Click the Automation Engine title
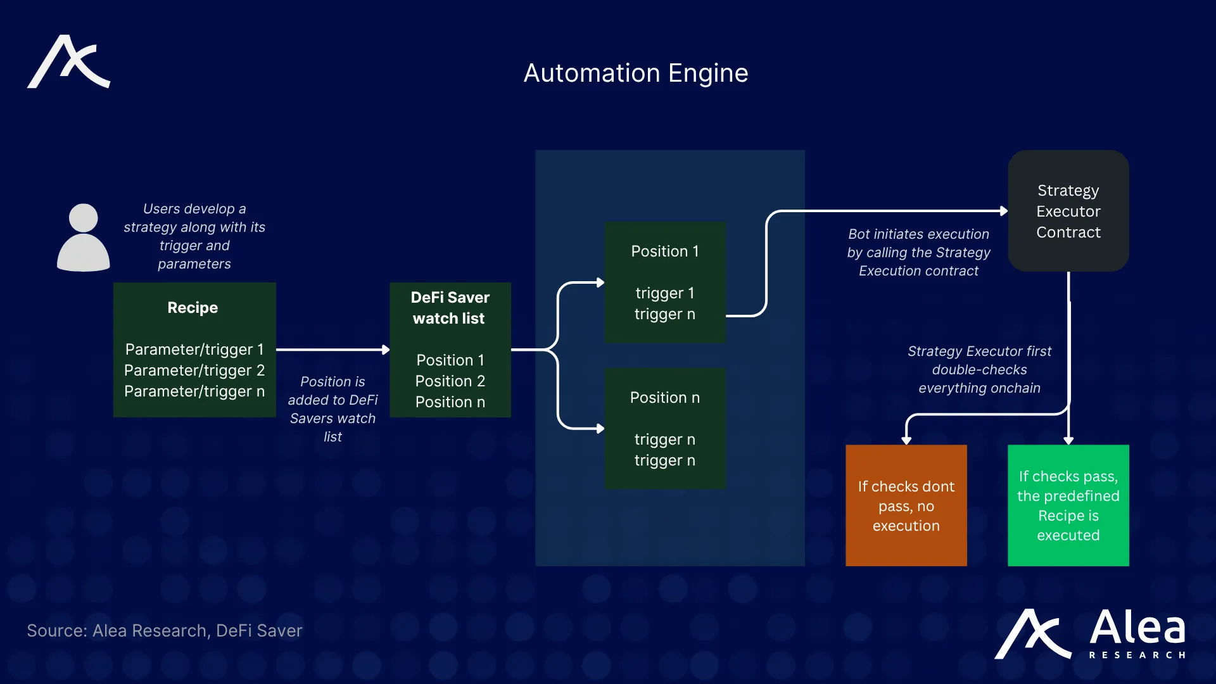635,73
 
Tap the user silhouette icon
83,237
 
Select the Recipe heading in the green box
193,308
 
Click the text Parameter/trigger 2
194,370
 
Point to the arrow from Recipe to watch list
332,350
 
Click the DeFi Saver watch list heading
450,308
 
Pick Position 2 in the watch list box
450,381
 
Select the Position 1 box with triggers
664,282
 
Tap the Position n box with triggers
664,429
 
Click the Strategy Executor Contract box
1068,211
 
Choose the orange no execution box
906,505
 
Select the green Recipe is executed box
1068,505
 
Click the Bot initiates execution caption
918,252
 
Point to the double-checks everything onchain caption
979,369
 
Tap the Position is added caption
332,408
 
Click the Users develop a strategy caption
194,236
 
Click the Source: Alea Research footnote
165,631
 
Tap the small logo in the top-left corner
68,62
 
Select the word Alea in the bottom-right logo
1137,628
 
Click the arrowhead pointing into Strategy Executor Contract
1003,211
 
